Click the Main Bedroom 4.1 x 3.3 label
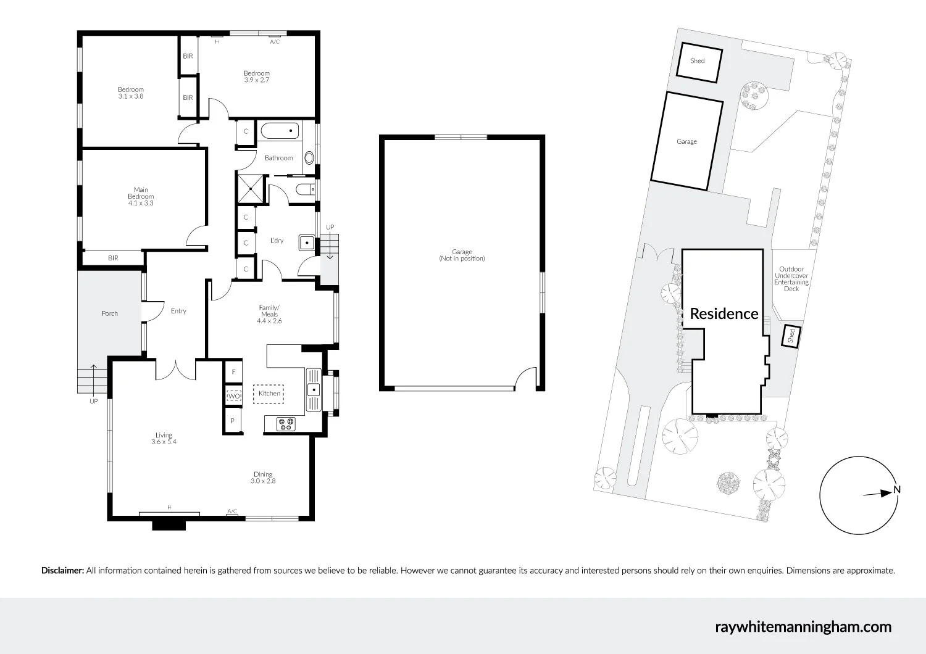[x=141, y=196]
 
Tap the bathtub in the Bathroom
[x=279, y=131]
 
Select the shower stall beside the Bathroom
[x=249, y=188]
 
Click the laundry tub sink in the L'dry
[x=307, y=242]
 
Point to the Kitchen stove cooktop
[x=286, y=424]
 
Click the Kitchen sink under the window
[x=314, y=390]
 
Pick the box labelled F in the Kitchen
[x=233, y=372]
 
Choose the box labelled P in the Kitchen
[x=233, y=421]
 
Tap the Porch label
[x=110, y=313]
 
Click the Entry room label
[x=178, y=311]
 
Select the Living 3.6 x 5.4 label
[x=164, y=438]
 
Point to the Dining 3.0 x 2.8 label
[x=263, y=478]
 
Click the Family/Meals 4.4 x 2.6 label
[x=269, y=314]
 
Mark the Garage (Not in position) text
[x=462, y=255]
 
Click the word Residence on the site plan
[x=724, y=313]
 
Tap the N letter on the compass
[x=897, y=490]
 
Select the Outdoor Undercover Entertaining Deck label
[x=791, y=279]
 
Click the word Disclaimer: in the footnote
[x=62, y=571]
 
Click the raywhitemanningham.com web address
[x=803, y=627]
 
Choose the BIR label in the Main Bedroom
[x=113, y=258]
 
